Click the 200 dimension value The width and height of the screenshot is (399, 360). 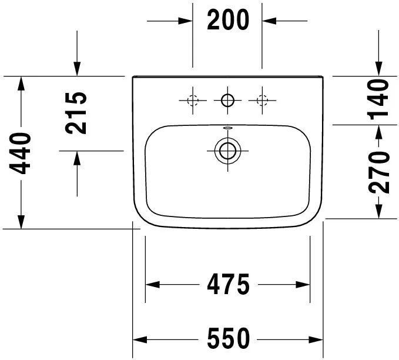(x=228, y=19)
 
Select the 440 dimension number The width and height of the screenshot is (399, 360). (x=20, y=153)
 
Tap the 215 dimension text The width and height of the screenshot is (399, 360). (x=76, y=113)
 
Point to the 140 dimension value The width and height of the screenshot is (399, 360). (x=378, y=99)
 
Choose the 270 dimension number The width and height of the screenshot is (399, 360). (x=378, y=172)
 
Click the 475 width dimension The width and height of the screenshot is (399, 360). (x=228, y=284)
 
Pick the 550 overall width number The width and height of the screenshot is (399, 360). (x=228, y=338)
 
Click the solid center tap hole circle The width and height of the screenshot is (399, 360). (x=227, y=101)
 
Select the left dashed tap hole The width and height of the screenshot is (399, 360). (x=193, y=100)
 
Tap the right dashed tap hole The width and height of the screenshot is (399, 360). (x=262, y=100)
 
